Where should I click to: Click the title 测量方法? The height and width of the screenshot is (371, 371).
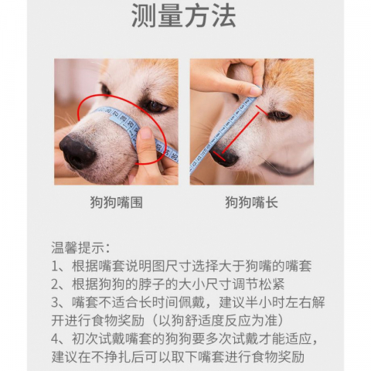(x=183, y=16)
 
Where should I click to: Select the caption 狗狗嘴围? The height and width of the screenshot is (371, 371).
(x=116, y=203)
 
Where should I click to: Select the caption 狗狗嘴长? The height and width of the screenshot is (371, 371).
(x=251, y=203)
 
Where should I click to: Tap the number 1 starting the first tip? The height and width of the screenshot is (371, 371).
(x=56, y=266)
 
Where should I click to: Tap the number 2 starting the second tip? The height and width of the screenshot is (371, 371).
(x=56, y=284)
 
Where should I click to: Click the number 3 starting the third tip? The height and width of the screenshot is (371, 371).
(x=56, y=302)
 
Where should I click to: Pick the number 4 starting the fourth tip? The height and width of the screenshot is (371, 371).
(x=56, y=339)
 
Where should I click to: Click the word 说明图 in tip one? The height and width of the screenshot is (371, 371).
(x=151, y=266)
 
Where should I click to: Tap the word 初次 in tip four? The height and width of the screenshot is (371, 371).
(x=81, y=339)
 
